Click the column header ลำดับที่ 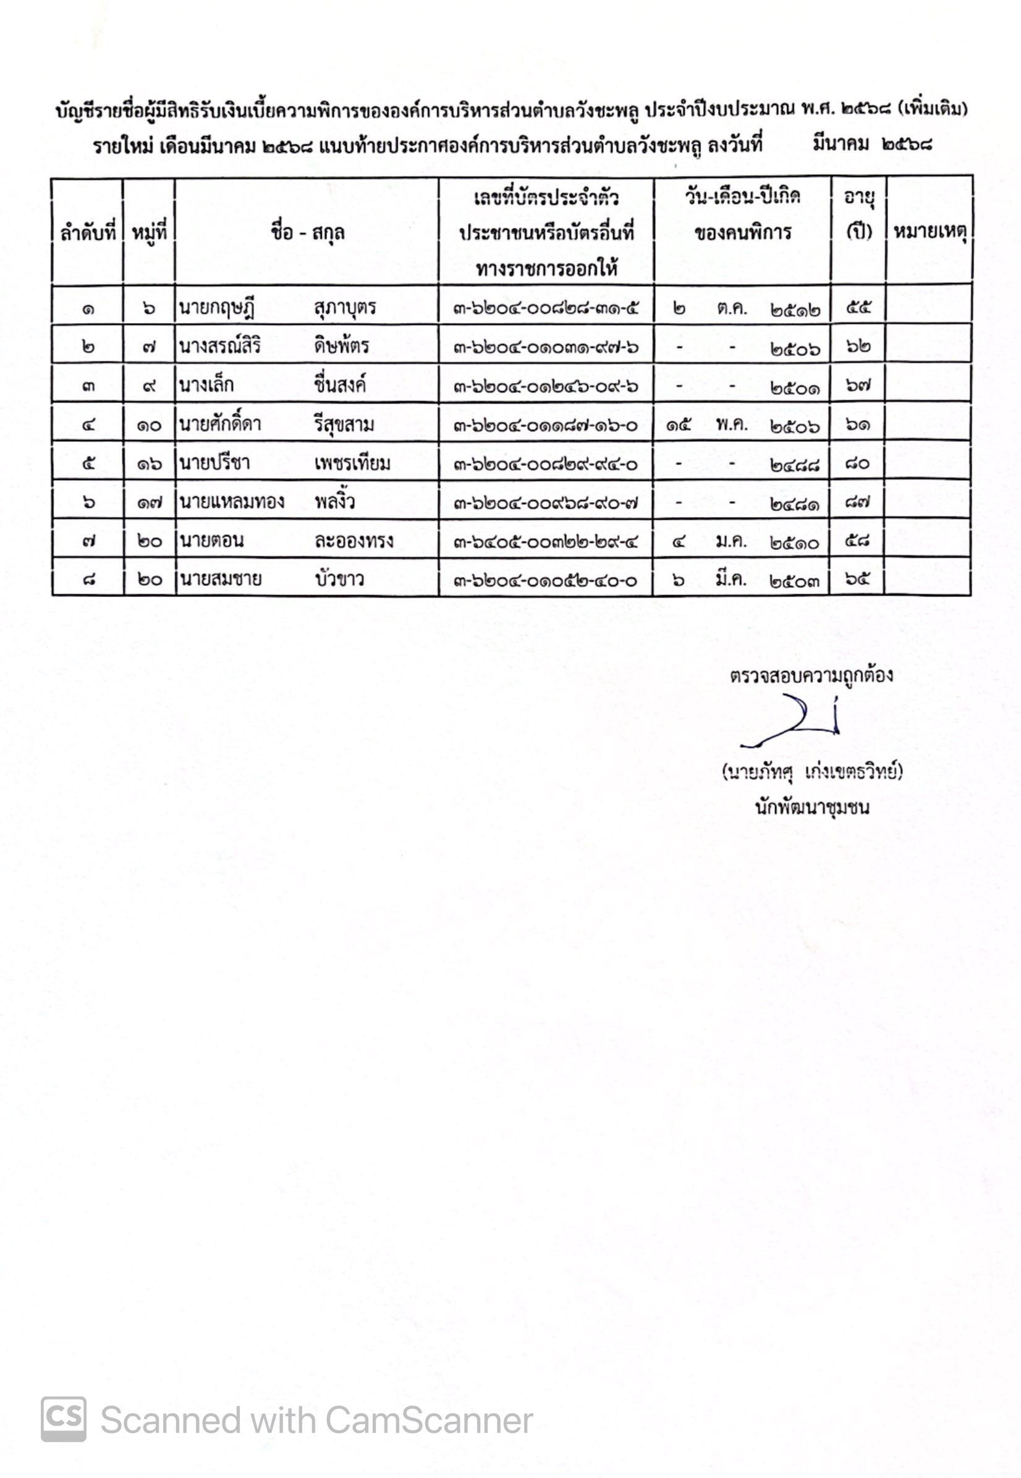pos(88,232)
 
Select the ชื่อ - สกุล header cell pos(307,232)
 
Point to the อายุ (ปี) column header pos(858,214)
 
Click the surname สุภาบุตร pos(345,308)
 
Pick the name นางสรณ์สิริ pos(219,346)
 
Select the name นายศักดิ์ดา pos(220,424)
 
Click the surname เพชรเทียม pos(352,463)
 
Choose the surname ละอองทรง pos(353,541)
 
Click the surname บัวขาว pos(339,580)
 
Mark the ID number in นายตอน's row pos(546,543)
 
